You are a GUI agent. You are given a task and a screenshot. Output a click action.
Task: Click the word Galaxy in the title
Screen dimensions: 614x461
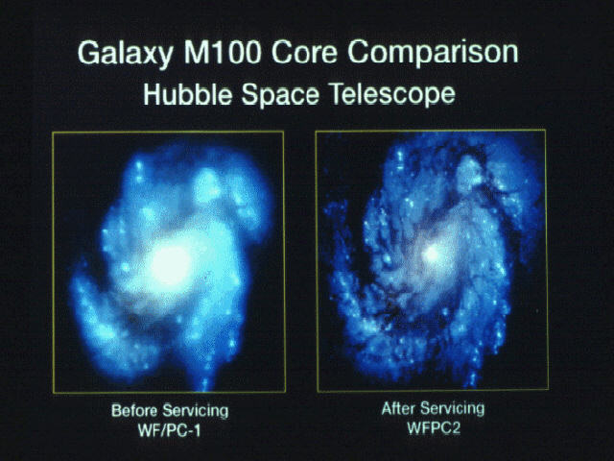click(125, 54)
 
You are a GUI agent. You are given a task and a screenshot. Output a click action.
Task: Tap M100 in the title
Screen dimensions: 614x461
click(222, 52)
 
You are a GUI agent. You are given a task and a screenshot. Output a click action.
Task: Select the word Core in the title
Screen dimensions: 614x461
click(304, 52)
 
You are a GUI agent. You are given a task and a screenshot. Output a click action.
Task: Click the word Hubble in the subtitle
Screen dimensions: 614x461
click(187, 94)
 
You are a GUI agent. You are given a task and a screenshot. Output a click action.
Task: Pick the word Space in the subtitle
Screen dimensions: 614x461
click(280, 95)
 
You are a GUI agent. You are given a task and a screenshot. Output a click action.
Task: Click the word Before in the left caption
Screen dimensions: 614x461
click(135, 410)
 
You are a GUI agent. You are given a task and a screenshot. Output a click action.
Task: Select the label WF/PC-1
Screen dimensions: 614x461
click(169, 431)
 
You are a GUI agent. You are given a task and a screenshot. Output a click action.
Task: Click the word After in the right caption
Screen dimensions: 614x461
click(398, 408)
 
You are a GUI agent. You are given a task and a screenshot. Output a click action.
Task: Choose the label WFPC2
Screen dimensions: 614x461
click(434, 427)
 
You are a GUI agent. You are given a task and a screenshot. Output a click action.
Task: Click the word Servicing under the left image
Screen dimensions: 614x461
click(196, 412)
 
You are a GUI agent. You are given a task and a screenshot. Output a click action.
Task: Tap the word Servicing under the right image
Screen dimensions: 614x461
click(452, 409)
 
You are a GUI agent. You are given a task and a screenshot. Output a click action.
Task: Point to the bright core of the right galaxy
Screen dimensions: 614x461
click(433, 255)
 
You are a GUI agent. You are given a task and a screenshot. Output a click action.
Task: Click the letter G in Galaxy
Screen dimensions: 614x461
click(87, 53)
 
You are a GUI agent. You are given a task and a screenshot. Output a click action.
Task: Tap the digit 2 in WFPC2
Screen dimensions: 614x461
click(455, 428)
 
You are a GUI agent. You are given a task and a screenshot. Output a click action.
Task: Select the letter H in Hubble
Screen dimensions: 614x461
click(152, 94)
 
